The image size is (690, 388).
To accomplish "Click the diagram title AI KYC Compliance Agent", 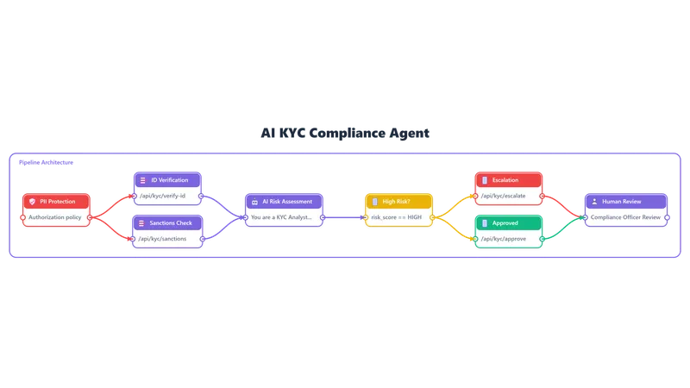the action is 345,133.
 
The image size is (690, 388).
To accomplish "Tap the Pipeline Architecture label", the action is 46,162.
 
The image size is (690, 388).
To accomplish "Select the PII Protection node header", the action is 56,202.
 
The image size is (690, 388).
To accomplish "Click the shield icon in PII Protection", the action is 32,202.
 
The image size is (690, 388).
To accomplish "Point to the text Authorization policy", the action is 55,217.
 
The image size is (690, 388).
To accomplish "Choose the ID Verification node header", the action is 167,180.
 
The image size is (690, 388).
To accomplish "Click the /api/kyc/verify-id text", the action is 162,196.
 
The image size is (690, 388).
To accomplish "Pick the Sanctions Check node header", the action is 167,223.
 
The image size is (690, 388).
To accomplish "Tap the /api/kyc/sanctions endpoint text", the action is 162,239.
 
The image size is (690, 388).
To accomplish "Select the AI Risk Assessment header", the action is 285,202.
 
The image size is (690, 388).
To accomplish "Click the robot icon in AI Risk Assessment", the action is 254,202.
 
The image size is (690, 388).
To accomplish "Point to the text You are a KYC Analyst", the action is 281,217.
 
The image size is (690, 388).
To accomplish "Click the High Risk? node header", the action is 399,202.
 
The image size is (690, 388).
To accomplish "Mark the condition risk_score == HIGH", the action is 397,217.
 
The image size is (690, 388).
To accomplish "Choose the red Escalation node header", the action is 509,180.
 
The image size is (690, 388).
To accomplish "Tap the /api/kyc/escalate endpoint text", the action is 503,196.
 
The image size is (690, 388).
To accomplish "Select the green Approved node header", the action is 509,223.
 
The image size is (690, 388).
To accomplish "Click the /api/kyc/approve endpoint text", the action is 504,239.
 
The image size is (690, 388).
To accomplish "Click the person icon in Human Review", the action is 594,202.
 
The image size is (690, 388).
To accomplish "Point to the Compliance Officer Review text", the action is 626,217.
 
